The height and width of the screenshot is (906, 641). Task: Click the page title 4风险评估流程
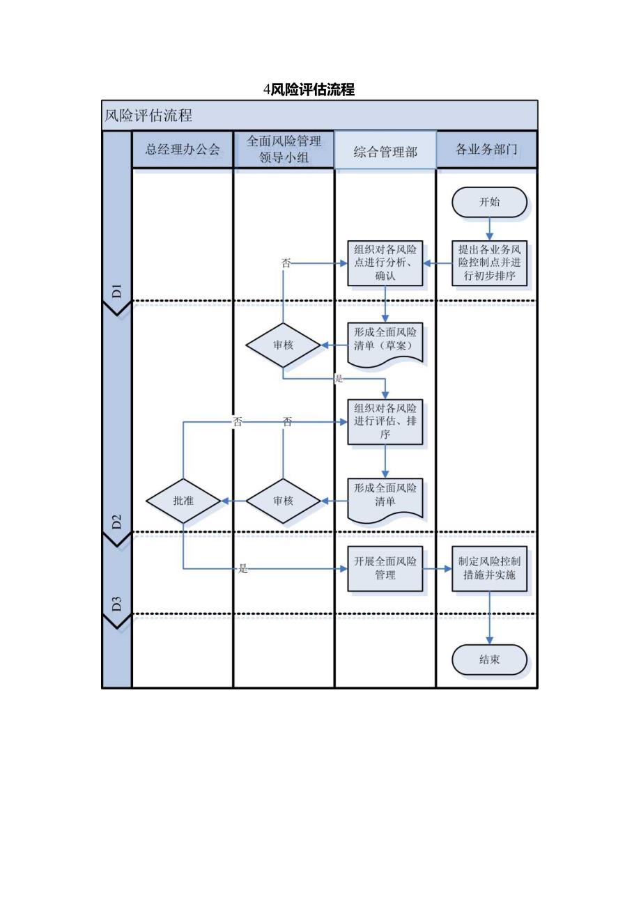[309, 89]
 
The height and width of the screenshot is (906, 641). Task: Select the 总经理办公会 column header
[183, 149]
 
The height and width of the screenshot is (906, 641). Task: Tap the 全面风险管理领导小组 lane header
[284, 149]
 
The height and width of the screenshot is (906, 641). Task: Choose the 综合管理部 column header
[385, 150]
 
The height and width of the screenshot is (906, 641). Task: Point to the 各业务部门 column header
[486, 149]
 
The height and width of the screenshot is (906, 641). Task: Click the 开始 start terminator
[489, 202]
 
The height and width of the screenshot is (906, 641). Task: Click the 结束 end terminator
[489, 659]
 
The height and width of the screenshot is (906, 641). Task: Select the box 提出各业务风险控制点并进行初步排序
[489, 263]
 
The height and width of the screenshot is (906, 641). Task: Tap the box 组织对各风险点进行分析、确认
[385, 263]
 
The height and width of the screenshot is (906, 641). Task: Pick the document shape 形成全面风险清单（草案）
[385, 341]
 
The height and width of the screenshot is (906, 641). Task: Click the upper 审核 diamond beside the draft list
[283, 345]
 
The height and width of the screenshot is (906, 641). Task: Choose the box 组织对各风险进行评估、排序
[385, 421]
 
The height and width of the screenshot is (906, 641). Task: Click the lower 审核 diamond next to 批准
[283, 501]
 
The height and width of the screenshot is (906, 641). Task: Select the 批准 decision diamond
[183, 501]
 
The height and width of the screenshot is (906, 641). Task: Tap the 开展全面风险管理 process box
[385, 568]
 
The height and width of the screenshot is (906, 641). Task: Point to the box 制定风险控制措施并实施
[489, 568]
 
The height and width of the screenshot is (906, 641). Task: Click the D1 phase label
[117, 290]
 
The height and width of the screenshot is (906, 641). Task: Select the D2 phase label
[117, 522]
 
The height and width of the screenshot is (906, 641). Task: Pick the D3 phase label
[117, 603]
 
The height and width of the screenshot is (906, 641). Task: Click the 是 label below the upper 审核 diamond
[339, 379]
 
